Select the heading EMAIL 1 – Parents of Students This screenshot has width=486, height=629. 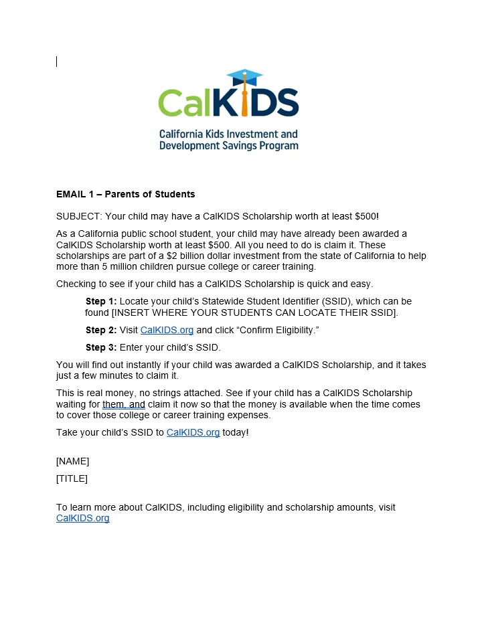pyautogui.click(x=125, y=194)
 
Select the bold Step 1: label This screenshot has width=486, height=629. pyautogui.click(x=101, y=301)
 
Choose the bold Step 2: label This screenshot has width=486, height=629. pyautogui.click(x=101, y=330)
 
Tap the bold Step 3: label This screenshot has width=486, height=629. pyautogui.click(x=101, y=347)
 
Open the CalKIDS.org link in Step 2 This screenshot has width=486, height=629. pyautogui.click(x=167, y=330)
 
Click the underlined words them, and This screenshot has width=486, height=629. pyautogui.click(x=123, y=404)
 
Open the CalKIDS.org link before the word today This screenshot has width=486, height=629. pyautogui.click(x=193, y=432)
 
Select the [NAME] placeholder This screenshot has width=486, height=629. pyautogui.click(x=72, y=461)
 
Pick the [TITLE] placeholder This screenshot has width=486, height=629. pyautogui.click(x=72, y=478)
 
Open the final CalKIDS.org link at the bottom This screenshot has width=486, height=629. pyautogui.click(x=82, y=518)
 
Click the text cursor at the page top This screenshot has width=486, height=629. pyautogui.click(x=57, y=62)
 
